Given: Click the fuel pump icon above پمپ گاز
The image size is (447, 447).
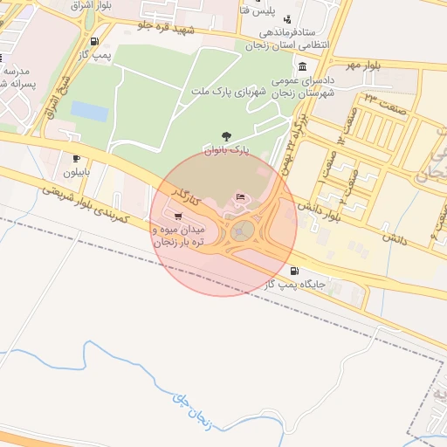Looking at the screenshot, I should point(93,41).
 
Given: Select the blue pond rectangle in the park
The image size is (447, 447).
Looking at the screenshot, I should point(89,111).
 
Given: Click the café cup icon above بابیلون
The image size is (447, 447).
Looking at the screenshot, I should point(77,159).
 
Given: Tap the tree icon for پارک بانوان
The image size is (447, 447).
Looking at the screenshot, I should point(227,136).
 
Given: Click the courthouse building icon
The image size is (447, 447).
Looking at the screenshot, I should point(302,67).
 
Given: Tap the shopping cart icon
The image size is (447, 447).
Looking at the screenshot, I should point(179,216).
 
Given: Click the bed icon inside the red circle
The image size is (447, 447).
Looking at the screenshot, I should point(242,197).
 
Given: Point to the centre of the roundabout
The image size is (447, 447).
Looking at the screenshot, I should point(242,230).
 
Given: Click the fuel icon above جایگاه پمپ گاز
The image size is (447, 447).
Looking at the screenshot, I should point(302,272).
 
